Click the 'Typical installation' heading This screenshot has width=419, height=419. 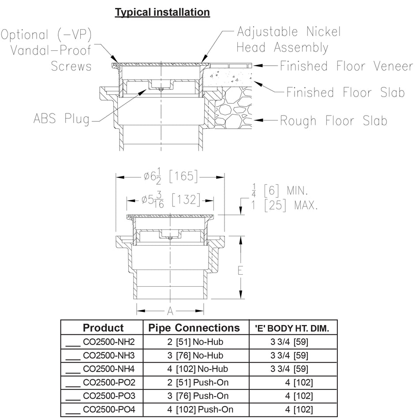click(162, 12)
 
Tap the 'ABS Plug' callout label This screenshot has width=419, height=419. click(61, 119)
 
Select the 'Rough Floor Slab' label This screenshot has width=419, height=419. click(333, 120)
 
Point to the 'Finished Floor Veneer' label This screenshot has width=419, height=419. click(346, 66)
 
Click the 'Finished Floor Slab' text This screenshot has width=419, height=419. click(345, 93)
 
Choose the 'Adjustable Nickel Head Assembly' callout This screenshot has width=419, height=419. click(289, 39)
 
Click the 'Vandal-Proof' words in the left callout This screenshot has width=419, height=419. click(51, 50)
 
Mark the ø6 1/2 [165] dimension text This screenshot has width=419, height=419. click(170, 177)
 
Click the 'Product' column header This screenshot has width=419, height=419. click(103, 328)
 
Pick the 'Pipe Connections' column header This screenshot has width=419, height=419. click(194, 328)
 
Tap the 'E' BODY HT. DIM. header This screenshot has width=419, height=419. click(292, 329)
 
